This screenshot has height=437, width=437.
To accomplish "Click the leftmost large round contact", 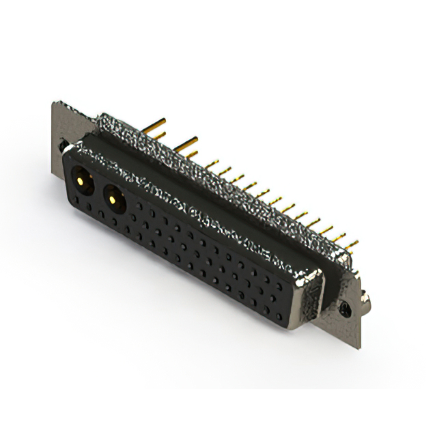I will [x=81, y=181].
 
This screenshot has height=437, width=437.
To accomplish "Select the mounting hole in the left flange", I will [x=64, y=145].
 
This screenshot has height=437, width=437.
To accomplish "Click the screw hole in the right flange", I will [x=346, y=309].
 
